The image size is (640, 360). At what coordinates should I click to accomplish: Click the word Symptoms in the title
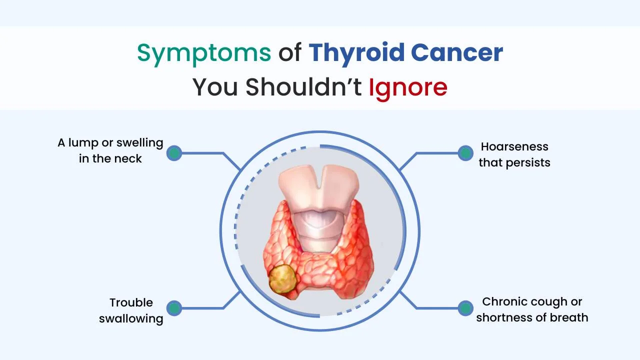[x=204, y=53]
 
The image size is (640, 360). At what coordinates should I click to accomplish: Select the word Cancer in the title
[x=457, y=52]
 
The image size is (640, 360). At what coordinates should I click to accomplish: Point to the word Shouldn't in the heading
[x=303, y=86]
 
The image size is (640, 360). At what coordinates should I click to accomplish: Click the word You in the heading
[x=215, y=87]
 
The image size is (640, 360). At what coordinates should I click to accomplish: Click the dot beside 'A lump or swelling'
[x=174, y=153]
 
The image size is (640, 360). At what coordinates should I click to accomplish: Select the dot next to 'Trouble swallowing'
[x=174, y=308]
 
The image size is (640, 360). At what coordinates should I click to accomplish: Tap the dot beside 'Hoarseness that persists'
[x=465, y=153]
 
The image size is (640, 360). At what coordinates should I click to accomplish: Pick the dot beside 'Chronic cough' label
[x=465, y=308]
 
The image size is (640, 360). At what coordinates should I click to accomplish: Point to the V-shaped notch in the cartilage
[x=319, y=177]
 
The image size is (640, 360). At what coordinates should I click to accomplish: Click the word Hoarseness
[x=514, y=146]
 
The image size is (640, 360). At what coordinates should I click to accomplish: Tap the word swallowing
[x=131, y=319]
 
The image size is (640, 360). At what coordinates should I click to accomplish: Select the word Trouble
[x=131, y=302]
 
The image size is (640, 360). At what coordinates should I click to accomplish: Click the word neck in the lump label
[x=128, y=158]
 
